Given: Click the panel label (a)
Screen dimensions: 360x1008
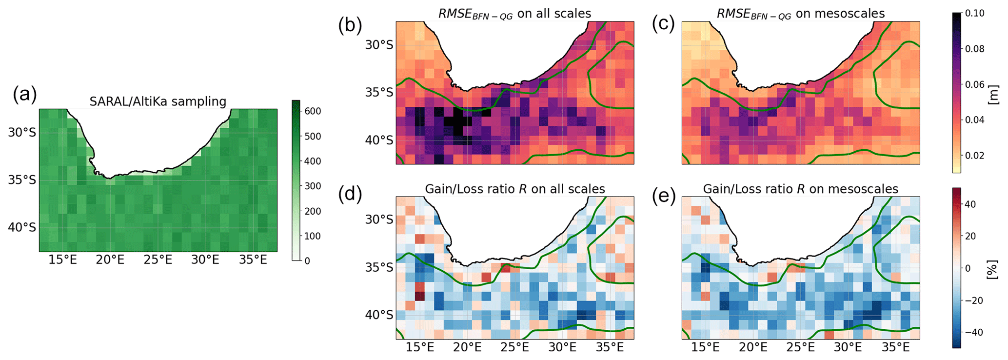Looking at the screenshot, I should tap(24, 94).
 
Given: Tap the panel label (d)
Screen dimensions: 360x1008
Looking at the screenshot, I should tap(350, 194).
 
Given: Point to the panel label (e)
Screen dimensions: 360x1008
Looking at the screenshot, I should tap(664, 194).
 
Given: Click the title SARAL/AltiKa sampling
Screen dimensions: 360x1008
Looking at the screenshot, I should tap(158, 101).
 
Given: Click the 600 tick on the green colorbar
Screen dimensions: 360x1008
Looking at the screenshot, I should tap(313, 111).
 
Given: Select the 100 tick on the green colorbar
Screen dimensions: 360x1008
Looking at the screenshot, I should tap(313, 236).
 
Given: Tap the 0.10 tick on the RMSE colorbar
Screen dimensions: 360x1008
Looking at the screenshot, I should tap(975, 14).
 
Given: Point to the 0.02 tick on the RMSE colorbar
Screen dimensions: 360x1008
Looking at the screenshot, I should tap(975, 156).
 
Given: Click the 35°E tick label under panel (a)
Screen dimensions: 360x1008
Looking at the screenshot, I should tap(253, 260).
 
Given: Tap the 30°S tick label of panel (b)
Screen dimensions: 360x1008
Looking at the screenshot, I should tap(379, 45).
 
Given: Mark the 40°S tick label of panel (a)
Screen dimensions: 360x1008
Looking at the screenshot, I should tap(22, 227).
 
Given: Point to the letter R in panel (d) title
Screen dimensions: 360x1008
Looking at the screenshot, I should tap(523, 189).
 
